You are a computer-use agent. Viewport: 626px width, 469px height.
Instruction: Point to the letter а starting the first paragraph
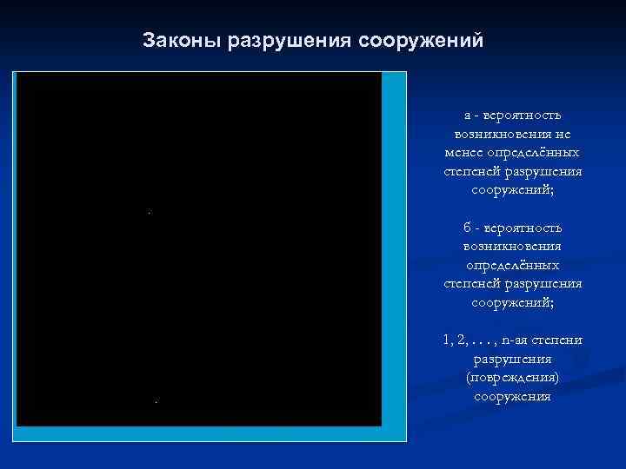click(467, 115)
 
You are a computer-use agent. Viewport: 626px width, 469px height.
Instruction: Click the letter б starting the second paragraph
click(467, 228)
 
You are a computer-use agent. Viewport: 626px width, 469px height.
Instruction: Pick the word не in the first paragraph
click(563, 134)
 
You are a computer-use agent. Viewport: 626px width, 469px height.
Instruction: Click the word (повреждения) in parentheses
click(512, 378)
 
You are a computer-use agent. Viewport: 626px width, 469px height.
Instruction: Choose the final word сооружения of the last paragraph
click(512, 397)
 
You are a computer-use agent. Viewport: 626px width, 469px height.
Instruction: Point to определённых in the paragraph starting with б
click(512, 265)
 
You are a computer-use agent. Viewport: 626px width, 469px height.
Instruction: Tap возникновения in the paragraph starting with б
click(512, 246)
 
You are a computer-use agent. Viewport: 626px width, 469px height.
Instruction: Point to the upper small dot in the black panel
click(149, 212)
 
